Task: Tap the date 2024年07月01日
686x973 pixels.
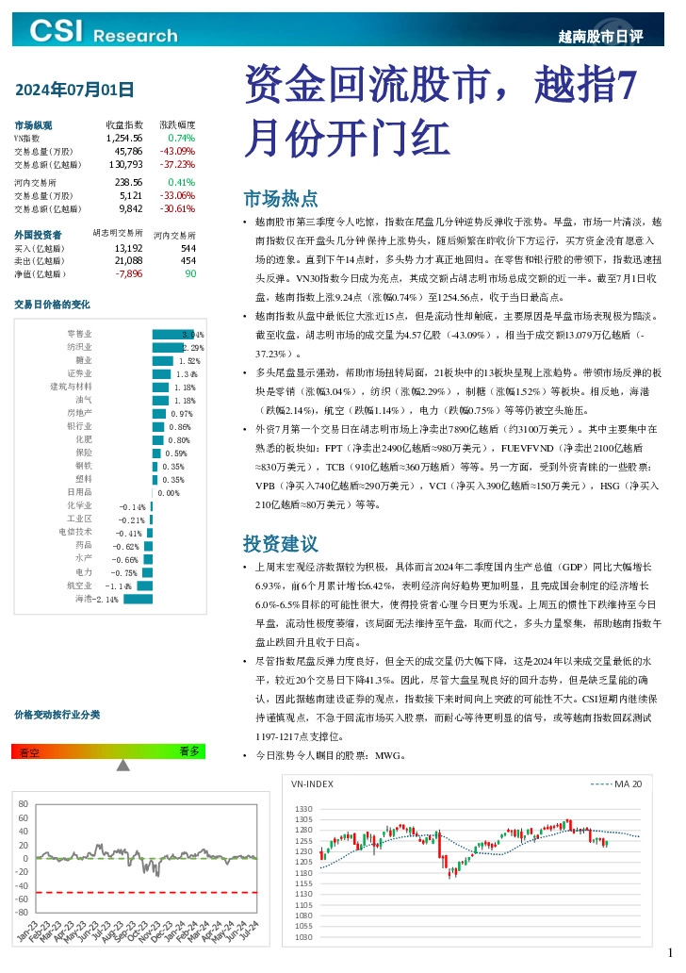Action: click(74, 91)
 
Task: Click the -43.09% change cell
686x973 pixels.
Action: click(177, 151)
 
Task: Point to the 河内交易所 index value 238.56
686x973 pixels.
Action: click(128, 182)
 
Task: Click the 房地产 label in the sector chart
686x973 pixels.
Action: click(79, 413)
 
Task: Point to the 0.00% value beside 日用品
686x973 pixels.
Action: click(168, 492)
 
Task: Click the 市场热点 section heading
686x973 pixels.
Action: click(280, 199)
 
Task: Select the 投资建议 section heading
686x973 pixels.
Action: click(280, 544)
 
